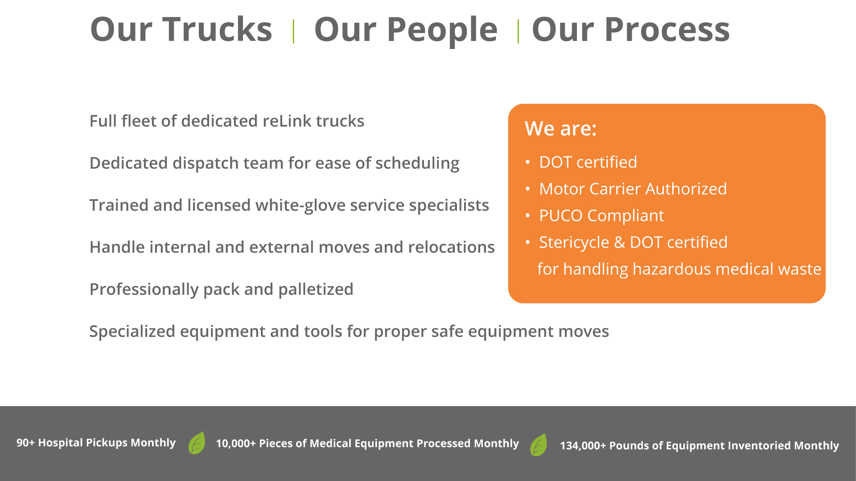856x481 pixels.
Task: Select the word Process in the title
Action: point(667,29)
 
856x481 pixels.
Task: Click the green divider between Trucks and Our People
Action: point(293,31)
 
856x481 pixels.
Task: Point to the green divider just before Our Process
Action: point(518,31)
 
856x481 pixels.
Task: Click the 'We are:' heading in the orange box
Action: point(560,129)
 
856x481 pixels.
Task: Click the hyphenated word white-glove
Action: point(300,205)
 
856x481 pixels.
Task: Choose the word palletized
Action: point(316,289)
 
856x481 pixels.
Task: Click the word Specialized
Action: point(132,332)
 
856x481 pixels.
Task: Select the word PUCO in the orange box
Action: point(561,216)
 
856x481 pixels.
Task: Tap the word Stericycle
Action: point(574,243)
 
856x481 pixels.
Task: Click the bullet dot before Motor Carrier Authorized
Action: point(528,189)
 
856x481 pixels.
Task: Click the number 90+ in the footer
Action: point(25,443)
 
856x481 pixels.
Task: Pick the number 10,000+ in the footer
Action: point(236,444)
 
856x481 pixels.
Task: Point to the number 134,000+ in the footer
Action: point(583,446)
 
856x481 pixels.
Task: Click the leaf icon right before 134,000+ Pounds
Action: point(539,444)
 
